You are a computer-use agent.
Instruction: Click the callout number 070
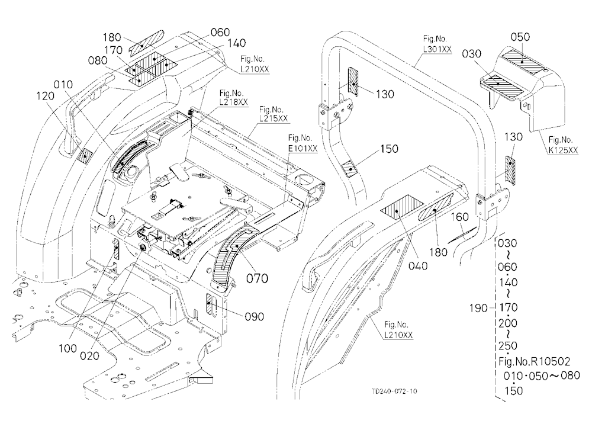tap(257, 278)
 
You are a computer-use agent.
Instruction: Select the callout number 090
tap(255, 316)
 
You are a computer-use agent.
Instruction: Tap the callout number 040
tap(418, 266)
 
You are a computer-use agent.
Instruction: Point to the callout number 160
tap(459, 217)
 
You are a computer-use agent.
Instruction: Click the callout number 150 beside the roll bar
tap(390, 149)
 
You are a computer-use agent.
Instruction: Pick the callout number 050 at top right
tap(520, 37)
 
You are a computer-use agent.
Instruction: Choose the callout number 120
tap(46, 97)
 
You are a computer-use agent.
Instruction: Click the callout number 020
tap(90, 355)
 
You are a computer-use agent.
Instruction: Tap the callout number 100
tap(68, 348)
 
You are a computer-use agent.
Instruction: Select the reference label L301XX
tap(437, 49)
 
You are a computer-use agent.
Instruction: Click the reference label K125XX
tap(564, 150)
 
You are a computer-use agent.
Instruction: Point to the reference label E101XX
tap(303, 149)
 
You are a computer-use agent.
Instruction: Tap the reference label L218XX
tap(234, 102)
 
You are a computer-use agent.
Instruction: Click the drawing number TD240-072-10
tap(394, 391)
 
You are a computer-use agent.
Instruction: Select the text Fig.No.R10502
tap(534, 362)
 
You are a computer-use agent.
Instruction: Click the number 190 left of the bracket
tap(478, 309)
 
